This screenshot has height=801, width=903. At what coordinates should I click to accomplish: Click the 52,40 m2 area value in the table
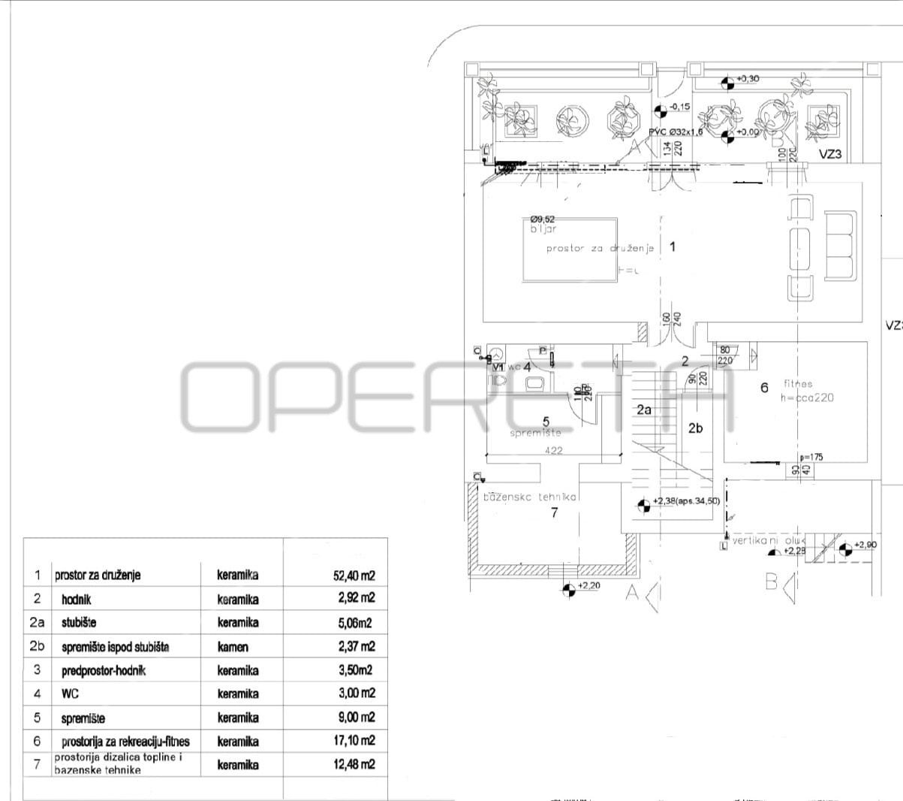(354, 576)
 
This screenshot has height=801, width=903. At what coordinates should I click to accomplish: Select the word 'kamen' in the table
(233, 646)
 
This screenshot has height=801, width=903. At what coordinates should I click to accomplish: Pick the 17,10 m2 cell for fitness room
(354, 741)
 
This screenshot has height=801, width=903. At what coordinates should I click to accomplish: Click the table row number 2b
(37, 646)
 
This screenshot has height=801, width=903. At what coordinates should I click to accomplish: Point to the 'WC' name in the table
(70, 694)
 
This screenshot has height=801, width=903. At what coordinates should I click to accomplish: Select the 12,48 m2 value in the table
(354, 765)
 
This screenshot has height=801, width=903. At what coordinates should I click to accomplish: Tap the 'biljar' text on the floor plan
(543, 228)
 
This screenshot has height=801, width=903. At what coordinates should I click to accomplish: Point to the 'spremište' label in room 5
(535, 433)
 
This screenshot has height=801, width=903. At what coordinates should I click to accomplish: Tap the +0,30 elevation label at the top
(748, 78)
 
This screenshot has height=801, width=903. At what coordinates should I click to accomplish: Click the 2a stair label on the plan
(644, 410)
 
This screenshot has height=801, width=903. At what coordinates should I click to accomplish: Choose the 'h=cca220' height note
(806, 397)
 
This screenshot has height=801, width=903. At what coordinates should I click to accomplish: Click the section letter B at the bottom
(771, 581)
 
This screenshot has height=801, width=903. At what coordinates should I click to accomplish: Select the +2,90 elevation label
(865, 544)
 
